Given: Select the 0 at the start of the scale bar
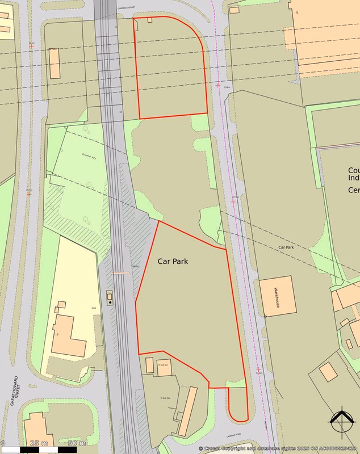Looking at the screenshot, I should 3,443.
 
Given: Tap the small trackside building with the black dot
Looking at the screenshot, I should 110,297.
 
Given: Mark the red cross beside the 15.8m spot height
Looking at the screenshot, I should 219,85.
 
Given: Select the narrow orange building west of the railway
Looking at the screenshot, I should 55,63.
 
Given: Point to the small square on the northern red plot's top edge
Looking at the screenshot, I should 150,20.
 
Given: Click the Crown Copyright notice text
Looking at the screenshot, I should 278,448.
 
